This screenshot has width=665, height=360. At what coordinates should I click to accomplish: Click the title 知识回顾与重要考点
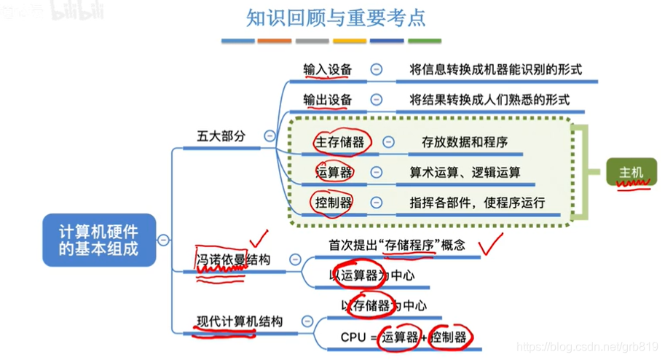pyautogui.click(x=335, y=17)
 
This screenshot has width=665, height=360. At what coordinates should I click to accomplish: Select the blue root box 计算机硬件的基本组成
pyautogui.click(x=98, y=239)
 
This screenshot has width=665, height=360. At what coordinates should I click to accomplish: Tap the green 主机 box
pyautogui.click(x=631, y=173)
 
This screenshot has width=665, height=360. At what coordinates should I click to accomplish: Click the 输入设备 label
pyautogui.click(x=328, y=69)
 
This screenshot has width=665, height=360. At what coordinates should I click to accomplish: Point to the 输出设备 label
pyautogui.click(x=328, y=99)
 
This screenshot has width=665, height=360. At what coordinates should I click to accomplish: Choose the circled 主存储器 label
pyautogui.click(x=339, y=142)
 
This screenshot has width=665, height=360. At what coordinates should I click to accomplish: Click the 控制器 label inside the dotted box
pyautogui.click(x=334, y=202)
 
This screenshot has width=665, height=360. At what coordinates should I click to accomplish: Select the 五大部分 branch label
pyautogui.click(x=221, y=136)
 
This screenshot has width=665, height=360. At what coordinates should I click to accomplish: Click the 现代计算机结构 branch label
pyautogui.click(x=240, y=321)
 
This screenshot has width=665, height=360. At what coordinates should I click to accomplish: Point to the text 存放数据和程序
pyautogui.click(x=465, y=142)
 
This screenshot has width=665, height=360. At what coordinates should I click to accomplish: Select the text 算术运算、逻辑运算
pyautogui.click(x=465, y=172)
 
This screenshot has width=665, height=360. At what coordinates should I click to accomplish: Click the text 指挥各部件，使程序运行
pyautogui.click(x=477, y=202)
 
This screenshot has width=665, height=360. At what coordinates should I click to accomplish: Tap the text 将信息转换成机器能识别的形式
pyautogui.click(x=495, y=69)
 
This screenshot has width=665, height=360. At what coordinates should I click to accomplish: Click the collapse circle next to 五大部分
pyautogui.click(x=269, y=136)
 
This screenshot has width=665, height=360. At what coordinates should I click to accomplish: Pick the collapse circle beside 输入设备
pyautogui.click(x=377, y=69)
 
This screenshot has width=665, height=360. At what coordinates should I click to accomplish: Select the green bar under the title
pyautogui.click(x=424, y=42)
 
